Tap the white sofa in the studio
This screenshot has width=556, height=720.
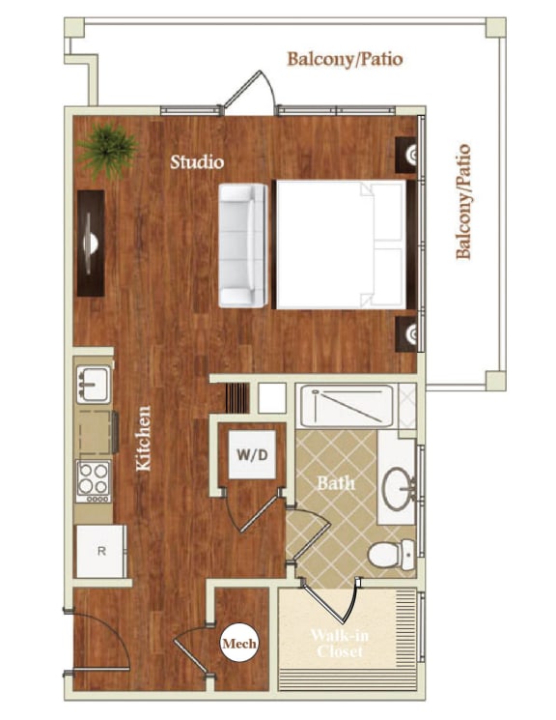pyautogui.click(x=241, y=244)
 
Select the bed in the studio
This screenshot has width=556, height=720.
pyautogui.click(x=340, y=244)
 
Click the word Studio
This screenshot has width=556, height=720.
pyautogui.click(x=197, y=161)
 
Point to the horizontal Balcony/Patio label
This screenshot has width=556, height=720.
pyautogui.click(x=345, y=59)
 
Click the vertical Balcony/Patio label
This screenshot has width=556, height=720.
pyautogui.click(x=463, y=201)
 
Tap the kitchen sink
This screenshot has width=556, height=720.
pyautogui.click(x=94, y=385)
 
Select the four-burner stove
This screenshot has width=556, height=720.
pyautogui.click(x=94, y=478)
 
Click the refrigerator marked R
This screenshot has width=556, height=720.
pyautogui.click(x=100, y=551)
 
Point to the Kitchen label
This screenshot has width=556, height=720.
pyautogui.click(x=144, y=438)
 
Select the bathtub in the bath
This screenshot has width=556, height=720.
pyautogui.click(x=347, y=406)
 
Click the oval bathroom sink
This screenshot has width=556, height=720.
pyautogui.click(x=396, y=487)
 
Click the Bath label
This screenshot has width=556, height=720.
pyautogui.click(x=337, y=481)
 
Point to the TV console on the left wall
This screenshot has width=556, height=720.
pyautogui.click(x=91, y=243)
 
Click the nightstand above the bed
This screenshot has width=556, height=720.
pyautogui.click(x=409, y=154)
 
